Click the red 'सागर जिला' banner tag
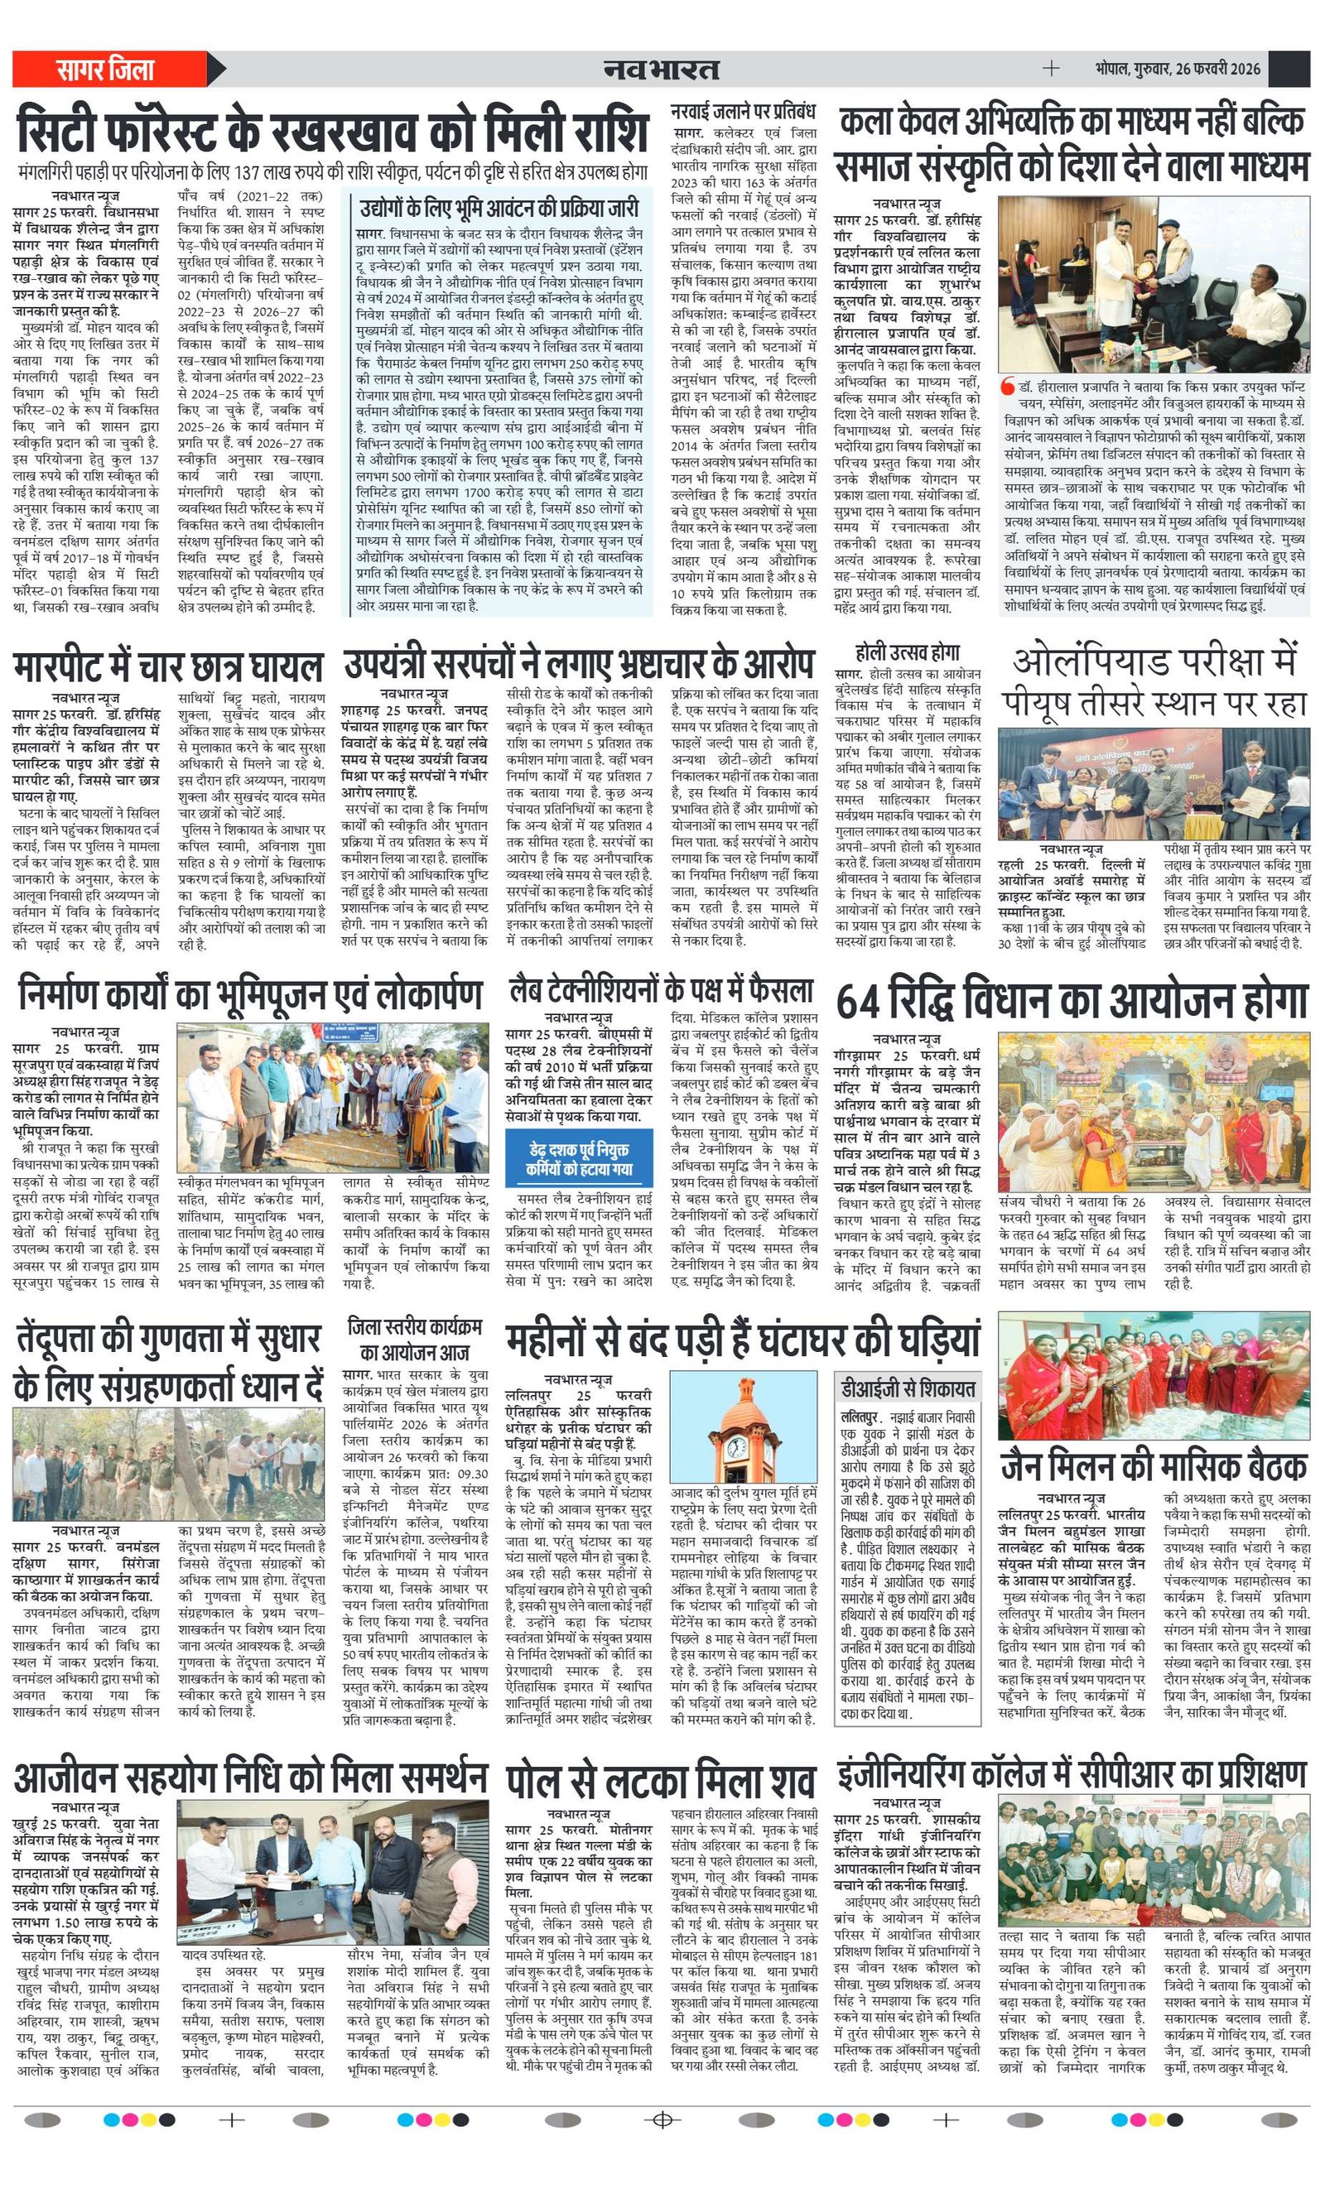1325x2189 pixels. coord(107,70)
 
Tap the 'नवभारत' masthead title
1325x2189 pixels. coord(661,70)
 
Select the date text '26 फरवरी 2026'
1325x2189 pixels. coord(1217,70)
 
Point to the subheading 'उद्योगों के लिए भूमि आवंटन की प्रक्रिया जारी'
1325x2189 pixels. coord(499,209)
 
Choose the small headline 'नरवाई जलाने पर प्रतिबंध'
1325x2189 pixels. coord(743,113)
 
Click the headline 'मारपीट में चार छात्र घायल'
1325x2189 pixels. coord(168,666)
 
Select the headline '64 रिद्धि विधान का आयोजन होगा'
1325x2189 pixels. coord(1071,1000)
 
